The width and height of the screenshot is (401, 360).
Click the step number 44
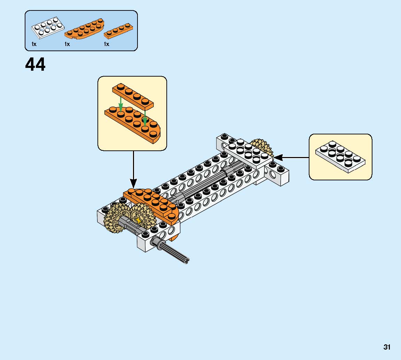click(x=35, y=65)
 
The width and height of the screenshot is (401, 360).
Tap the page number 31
click(x=387, y=347)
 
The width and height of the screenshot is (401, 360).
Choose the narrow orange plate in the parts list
click(x=118, y=31)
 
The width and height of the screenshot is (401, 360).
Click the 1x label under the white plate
click(x=34, y=44)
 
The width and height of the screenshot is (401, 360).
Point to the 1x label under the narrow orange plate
click(x=107, y=44)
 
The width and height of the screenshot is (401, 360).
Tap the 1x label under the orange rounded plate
click(x=67, y=44)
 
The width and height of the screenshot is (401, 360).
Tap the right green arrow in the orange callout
click(x=144, y=118)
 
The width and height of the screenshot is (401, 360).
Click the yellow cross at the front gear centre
click(x=139, y=220)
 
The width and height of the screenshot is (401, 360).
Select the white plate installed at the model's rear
click(x=248, y=153)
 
